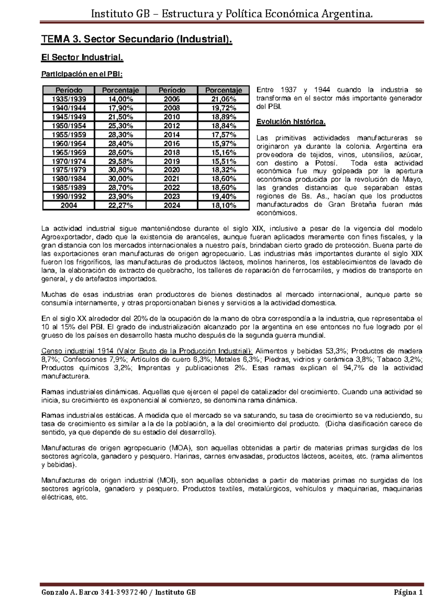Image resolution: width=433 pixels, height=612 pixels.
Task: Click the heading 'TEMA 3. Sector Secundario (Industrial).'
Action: [x=136, y=39]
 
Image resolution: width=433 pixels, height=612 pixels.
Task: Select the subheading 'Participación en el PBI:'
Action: [x=82, y=74]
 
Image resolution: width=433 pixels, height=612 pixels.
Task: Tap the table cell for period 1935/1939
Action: [x=69, y=99]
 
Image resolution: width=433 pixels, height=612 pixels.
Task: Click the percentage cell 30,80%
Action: [x=121, y=170]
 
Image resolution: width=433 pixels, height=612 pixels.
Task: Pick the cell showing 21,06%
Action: [x=224, y=99]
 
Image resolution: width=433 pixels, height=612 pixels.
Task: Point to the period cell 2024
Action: [x=172, y=205]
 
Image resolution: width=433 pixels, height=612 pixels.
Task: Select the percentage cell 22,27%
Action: [x=121, y=205]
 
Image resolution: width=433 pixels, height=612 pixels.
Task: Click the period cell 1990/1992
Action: [x=69, y=196]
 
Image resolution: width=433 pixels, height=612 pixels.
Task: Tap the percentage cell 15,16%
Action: [x=224, y=152]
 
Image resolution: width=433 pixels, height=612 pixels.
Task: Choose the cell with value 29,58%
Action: [x=121, y=161]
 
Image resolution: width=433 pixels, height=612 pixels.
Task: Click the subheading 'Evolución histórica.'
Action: [x=291, y=122]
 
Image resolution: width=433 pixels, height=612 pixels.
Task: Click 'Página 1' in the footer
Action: [x=408, y=593]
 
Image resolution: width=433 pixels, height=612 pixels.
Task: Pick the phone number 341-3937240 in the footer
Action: [x=124, y=593]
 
